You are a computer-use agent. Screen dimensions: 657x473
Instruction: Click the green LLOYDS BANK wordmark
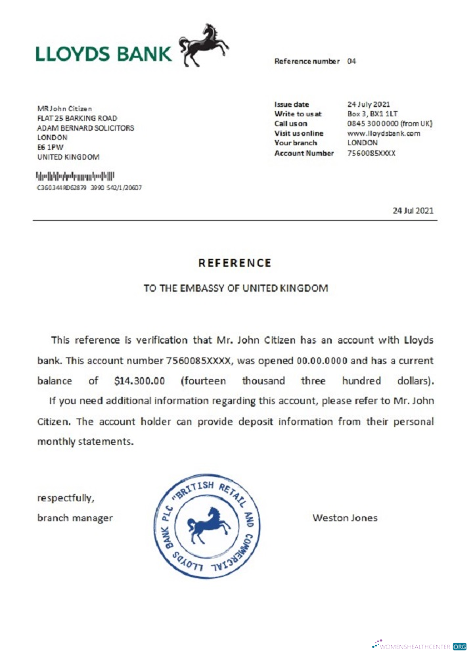click(103, 54)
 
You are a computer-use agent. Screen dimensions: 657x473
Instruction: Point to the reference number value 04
click(351, 61)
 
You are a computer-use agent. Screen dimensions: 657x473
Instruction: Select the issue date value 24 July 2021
click(369, 104)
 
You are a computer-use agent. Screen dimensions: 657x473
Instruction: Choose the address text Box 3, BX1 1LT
click(372, 114)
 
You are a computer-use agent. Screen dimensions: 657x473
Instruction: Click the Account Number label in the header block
click(304, 153)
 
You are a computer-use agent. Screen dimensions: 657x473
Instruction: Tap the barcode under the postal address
click(75, 176)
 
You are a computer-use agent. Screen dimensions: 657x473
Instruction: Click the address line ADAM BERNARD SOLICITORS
click(85, 128)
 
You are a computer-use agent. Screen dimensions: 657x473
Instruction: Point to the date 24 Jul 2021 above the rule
click(413, 211)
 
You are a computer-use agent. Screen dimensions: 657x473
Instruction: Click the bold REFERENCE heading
click(235, 263)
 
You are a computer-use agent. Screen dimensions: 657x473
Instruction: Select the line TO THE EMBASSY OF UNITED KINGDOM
click(236, 288)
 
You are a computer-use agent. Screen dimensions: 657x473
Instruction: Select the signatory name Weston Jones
click(345, 518)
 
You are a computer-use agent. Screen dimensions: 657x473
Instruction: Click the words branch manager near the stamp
click(74, 518)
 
